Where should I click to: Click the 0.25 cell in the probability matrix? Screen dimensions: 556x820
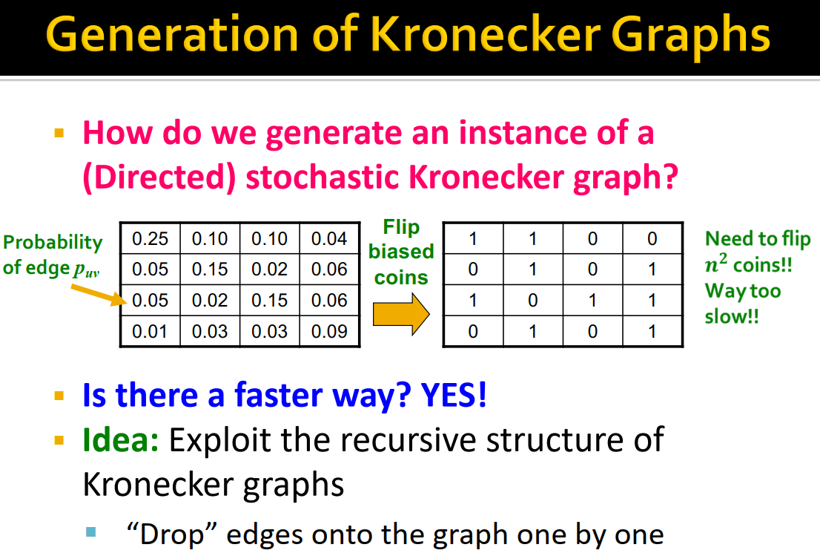pos(150,239)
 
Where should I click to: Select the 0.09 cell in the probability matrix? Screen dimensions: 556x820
pos(329,331)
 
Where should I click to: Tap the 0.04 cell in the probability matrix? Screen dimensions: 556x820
pos(329,239)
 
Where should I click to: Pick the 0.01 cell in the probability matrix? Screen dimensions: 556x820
pos(150,331)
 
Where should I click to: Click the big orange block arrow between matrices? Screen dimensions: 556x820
pos(400,315)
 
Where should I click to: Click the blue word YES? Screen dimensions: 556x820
pos(454,395)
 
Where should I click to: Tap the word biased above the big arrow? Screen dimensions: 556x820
pos(401,252)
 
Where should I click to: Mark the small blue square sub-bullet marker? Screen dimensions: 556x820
pos(91,532)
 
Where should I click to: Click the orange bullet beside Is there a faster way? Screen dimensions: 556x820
pos(59,395)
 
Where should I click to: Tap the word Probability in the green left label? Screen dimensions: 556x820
pos(53,243)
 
